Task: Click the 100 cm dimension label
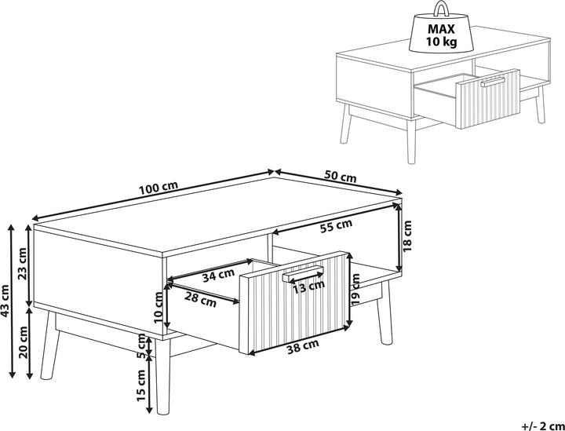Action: (x=159, y=188)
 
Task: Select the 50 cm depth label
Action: (x=340, y=176)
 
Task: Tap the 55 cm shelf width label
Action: (x=336, y=227)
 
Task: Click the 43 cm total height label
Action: (x=5, y=301)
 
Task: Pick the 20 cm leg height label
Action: (x=24, y=342)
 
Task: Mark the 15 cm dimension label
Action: (x=140, y=385)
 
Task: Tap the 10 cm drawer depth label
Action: (x=159, y=307)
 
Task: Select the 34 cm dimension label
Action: (x=218, y=276)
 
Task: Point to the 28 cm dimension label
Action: (x=200, y=300)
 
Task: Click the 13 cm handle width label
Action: (x=308, y=287)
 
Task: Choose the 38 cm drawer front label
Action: (x=303, y=348)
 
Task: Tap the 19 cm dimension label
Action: (x=355, y=290)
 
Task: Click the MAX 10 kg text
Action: (x=441, y=35)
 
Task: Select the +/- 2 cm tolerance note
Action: (x=542, y=426)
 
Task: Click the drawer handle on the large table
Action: (x=303, y=274)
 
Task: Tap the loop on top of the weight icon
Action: (x=441, y=8)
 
